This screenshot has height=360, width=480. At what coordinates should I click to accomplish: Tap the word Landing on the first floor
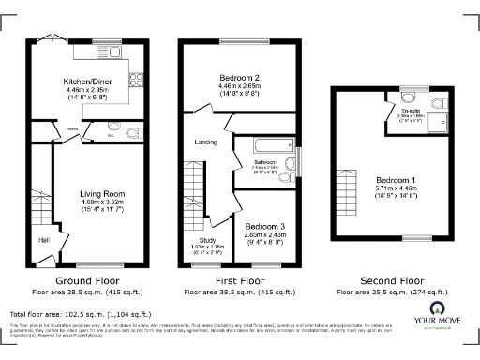[204, 142]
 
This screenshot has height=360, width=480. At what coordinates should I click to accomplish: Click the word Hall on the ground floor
[44, 239]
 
